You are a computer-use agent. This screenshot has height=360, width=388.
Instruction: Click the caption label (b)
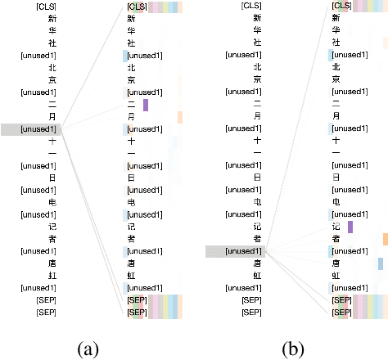291,349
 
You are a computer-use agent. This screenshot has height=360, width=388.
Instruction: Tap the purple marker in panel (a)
146,105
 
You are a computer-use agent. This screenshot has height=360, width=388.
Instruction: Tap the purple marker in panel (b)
350,227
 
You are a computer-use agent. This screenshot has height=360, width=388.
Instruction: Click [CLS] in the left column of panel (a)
40,7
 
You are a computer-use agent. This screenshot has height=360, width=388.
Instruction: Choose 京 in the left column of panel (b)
256,79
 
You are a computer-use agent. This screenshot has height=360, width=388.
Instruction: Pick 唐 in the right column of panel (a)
131,263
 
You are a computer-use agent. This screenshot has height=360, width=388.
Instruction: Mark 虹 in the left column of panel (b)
256,276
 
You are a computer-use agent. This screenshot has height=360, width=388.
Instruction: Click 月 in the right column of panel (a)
131,117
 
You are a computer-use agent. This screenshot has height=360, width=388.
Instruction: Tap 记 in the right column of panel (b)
336,227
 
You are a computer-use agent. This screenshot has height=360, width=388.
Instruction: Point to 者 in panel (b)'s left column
256,239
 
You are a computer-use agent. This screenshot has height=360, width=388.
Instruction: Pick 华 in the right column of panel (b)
336,31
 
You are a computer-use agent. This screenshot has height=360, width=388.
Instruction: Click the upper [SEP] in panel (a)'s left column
41,300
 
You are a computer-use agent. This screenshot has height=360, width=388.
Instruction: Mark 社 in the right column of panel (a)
131,43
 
